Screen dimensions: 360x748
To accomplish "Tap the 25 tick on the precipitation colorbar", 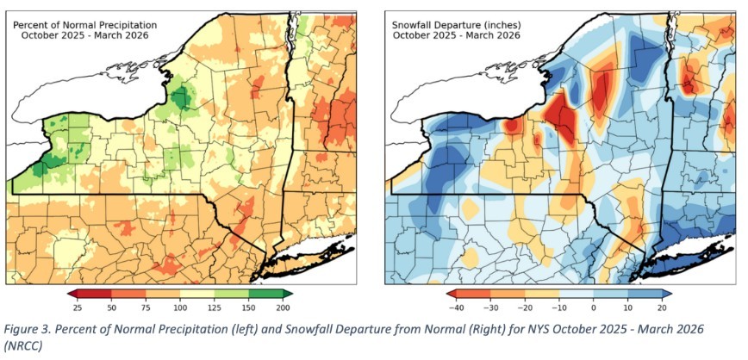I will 78,307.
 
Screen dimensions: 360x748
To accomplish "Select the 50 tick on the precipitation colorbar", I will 112,307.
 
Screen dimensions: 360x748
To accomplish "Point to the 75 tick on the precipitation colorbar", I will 146,307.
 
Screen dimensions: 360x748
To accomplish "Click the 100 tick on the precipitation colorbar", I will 180,307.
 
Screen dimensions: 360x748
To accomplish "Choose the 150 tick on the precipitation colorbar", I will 248,307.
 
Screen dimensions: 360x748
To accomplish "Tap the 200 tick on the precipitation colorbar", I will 283,307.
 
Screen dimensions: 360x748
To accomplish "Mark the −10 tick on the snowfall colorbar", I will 558,307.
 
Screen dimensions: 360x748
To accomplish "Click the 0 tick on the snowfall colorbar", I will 594,307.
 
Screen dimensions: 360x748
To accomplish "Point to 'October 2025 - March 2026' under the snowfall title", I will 457,35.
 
